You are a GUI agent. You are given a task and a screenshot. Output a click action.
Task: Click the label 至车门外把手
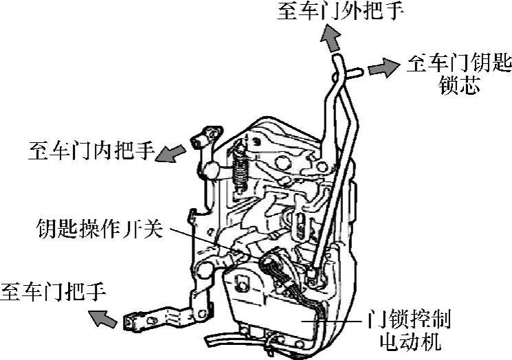click(x=340, y=12)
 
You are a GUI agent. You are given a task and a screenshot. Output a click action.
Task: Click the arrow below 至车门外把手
click(x=332, y=42)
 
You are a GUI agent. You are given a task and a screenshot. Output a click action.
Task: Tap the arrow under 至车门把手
click(x=104, y=317)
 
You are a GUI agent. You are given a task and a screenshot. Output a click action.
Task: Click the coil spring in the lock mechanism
click(x=240, y=168)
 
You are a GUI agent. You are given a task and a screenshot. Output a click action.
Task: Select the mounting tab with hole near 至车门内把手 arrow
click(x=207, y=133)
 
